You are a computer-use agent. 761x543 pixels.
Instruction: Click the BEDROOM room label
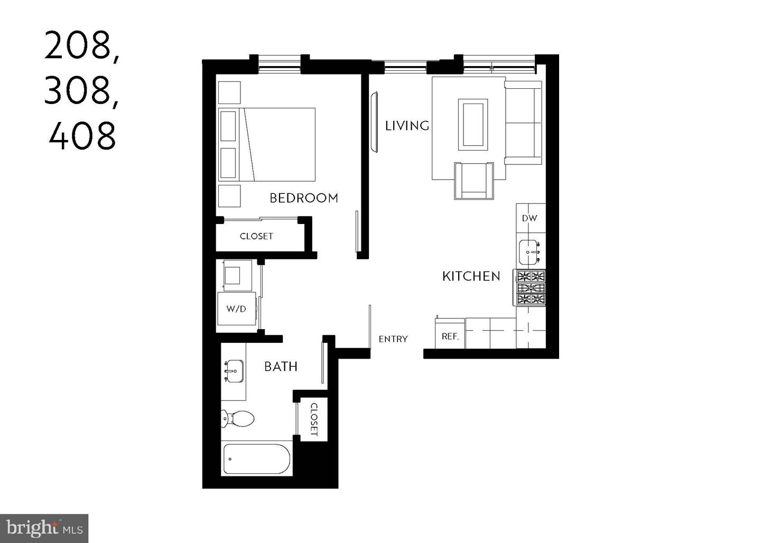(x=303, y=198)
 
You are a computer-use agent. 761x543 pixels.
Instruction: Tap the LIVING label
(x=406, y=126)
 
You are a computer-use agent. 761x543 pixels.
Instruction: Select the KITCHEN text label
(x=471, y=276)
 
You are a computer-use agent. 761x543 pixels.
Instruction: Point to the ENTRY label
(x=393, y=339)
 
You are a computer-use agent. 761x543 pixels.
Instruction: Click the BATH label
(x=281, y=367)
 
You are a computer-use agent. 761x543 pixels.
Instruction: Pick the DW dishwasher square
(x=530, y=218)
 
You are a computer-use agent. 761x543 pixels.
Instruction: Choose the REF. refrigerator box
(x=450, y=336)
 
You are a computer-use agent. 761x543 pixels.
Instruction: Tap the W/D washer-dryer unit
(x=236, y=308)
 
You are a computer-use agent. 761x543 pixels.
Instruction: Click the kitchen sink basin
(x=530, y=252)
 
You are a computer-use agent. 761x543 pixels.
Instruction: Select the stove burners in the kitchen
(x=531, y=288)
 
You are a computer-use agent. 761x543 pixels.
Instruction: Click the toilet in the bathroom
(x=238, y=419)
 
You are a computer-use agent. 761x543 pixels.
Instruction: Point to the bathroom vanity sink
(x=233, y=371)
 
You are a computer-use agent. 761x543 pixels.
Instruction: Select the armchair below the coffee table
(x=474, y=181)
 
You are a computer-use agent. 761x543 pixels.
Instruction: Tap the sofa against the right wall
(x=523, y=123)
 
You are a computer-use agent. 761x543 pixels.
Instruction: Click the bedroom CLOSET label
(x=256, y=237)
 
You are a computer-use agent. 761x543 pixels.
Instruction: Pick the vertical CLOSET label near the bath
(x=314, y=419)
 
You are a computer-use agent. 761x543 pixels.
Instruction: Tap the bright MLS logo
(x=44, y=528)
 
